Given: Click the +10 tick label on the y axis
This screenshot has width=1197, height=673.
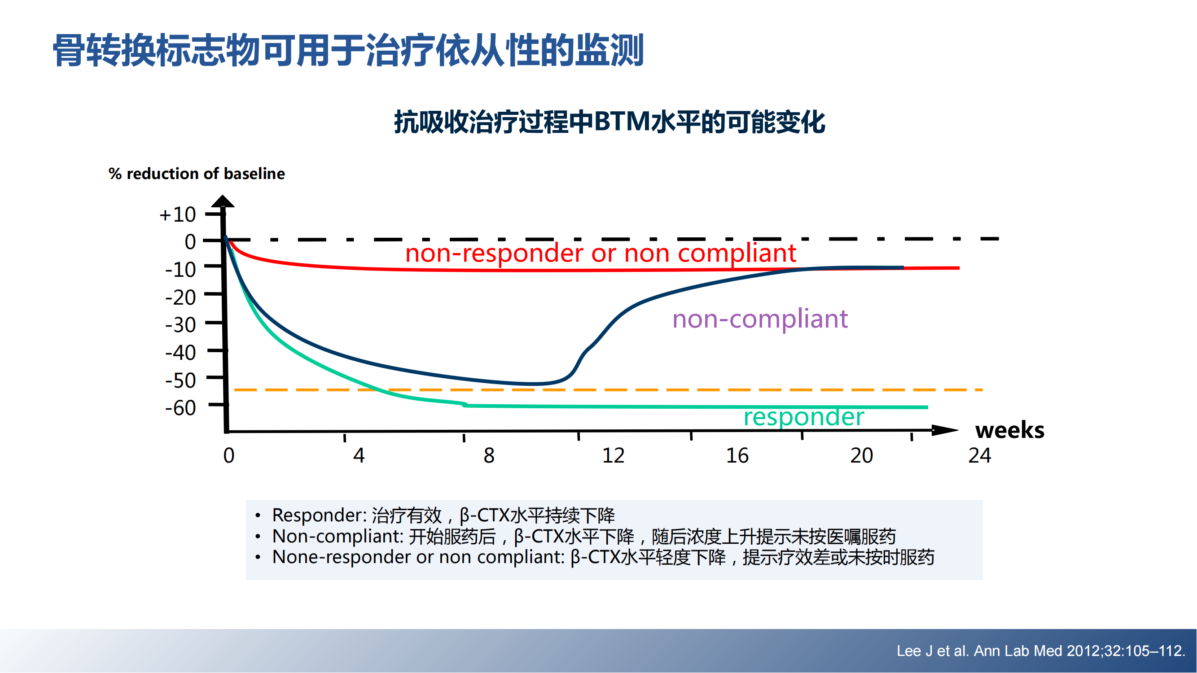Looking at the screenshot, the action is (177, 214).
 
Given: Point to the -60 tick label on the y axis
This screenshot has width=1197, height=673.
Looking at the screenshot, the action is (181, 408).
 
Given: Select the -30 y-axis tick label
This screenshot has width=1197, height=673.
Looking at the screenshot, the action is (181, 325).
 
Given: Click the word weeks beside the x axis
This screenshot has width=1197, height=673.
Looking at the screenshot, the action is (1010, 430).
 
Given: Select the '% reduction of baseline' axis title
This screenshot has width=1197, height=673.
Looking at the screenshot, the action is (197, 174).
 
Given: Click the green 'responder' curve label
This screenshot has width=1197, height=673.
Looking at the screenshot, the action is (804, 417).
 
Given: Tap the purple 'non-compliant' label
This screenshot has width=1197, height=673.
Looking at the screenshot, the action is (760, 319).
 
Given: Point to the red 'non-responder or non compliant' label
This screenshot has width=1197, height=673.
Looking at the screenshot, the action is (601, 253).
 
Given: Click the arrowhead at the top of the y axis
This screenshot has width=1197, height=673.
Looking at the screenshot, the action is (223, 201).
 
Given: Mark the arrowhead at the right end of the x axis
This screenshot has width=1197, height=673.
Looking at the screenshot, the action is (945, 430).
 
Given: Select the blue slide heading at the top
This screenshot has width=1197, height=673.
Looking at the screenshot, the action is (348, 50).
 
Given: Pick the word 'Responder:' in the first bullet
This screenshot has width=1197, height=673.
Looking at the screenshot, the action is (320, 515).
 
